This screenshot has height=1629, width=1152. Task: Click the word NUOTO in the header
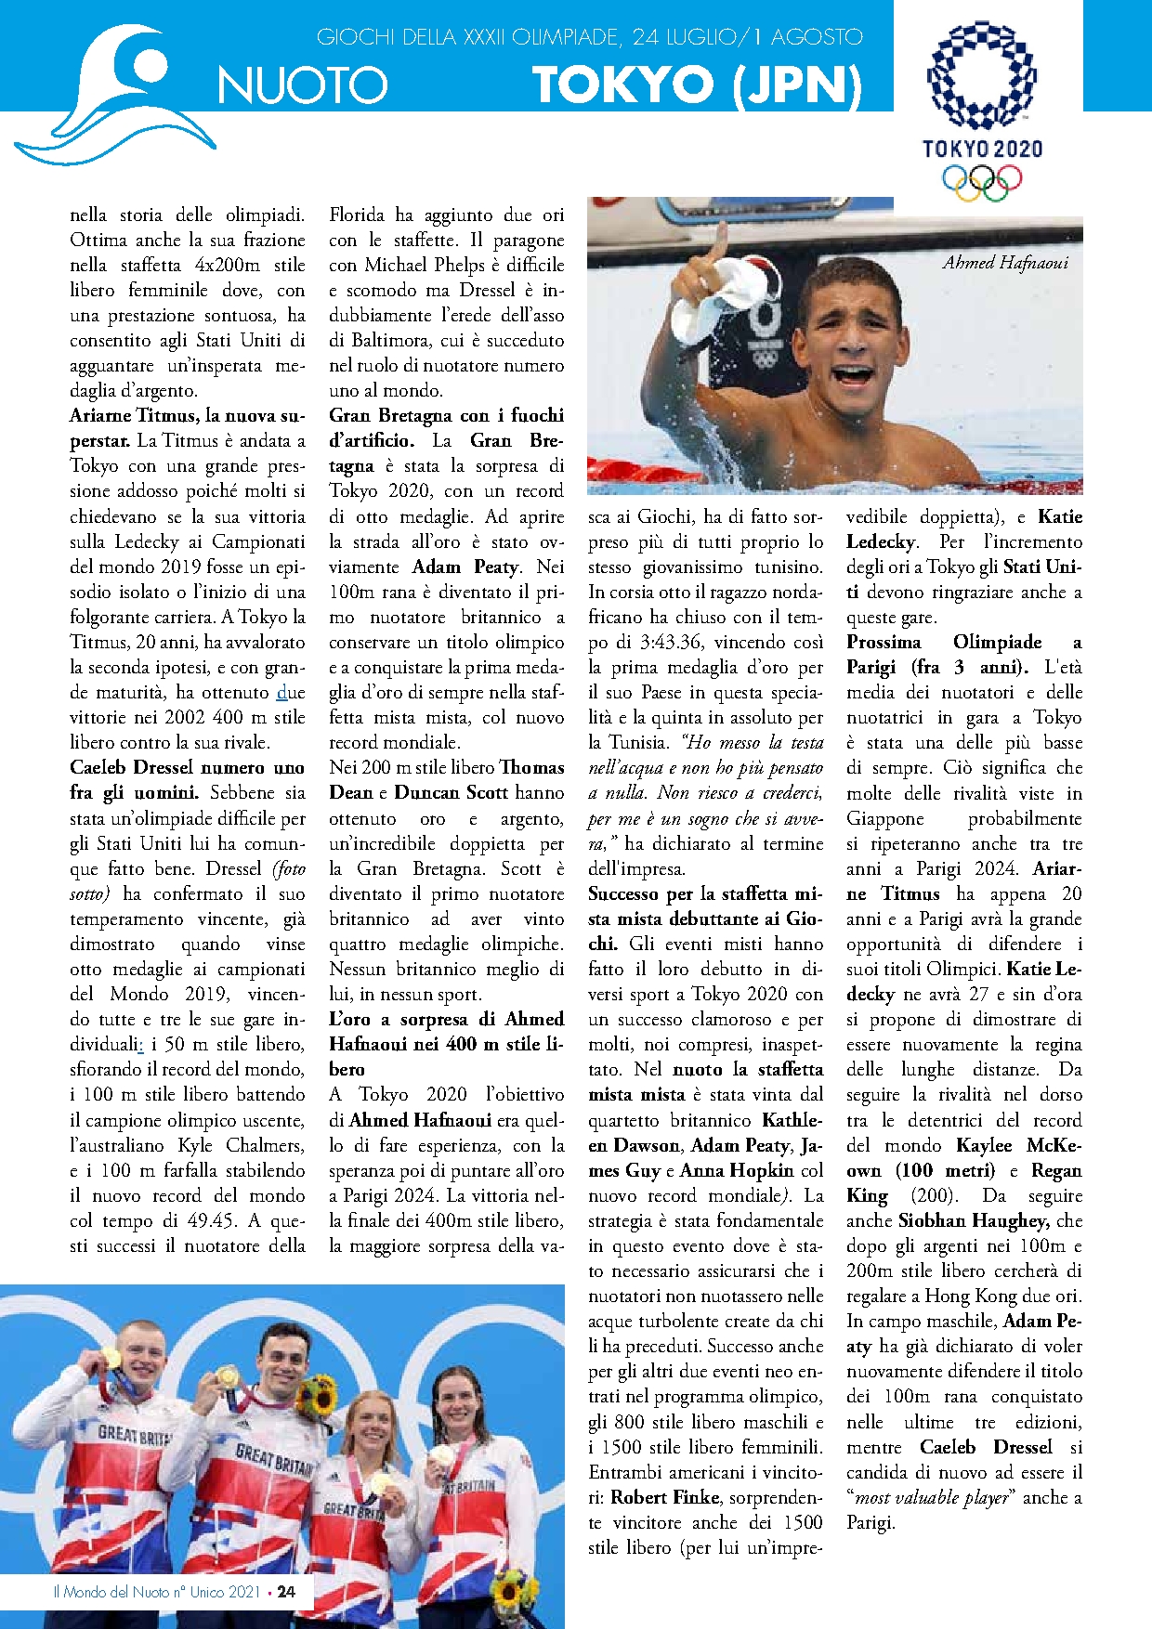[x=302, y=85]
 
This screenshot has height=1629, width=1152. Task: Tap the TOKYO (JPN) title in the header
[x=697, y=85]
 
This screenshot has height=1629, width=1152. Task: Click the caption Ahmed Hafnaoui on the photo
[x=1005, y=263]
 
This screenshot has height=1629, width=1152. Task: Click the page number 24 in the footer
[x=286, y=1591]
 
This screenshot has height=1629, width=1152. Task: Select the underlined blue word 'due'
[x=291, y=692]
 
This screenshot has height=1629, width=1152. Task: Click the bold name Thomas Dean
[x=446, y=780]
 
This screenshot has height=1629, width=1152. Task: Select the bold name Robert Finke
[x=665, y=1497]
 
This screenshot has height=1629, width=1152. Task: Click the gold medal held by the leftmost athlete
[x=111, y=1357]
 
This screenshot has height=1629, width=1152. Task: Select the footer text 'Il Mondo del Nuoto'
[x=111, y=1591]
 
